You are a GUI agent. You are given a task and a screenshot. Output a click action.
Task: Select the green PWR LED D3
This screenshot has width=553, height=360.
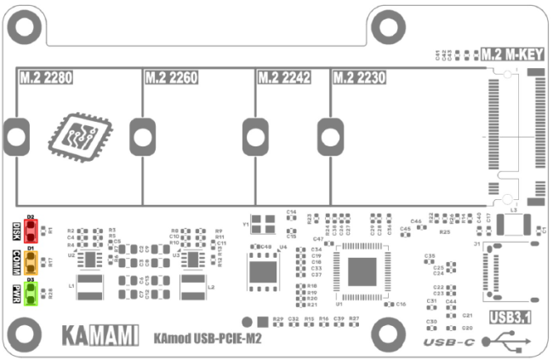tap(31, 292)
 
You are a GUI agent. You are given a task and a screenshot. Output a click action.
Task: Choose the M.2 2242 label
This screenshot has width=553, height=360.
tap(283, 78)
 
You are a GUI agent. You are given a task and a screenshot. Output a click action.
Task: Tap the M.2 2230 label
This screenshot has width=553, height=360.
tap(358, 78)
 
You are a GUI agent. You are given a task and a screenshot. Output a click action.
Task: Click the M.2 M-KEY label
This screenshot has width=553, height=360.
tap(512, 54)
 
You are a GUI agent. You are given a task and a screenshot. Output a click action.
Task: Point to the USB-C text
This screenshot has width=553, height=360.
tap(449, 341)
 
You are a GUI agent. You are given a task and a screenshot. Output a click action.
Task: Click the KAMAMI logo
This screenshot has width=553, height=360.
tap(100, 334)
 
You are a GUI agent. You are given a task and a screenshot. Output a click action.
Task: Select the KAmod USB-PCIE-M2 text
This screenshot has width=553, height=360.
tap(207, 339)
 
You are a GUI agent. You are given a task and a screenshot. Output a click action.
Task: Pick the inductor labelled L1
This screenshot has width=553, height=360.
tap(89, 288)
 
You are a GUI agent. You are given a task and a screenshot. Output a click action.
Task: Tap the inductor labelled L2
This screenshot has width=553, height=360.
tap(193, 288)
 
